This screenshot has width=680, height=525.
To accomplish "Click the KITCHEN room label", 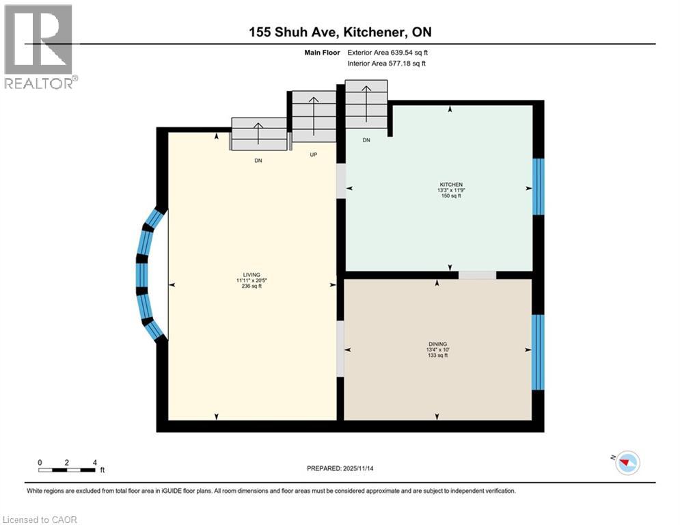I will pos(450,185).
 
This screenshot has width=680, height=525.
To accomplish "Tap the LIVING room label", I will pos(249,275).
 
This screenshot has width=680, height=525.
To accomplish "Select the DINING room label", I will pos(437,344).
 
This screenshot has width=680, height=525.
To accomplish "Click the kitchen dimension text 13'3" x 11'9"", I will pos(450,190).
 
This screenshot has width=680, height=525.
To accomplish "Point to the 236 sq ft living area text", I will pos(249,286).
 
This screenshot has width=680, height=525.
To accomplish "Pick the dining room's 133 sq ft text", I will pos(437,355).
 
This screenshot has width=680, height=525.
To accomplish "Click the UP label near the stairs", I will pos(314,154).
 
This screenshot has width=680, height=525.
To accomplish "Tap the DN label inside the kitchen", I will pos(366,140).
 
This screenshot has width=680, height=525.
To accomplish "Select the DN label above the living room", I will pos(258,161).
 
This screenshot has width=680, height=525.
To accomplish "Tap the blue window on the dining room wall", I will pos(538,352).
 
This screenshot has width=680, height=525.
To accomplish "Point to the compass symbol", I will pos(627,463).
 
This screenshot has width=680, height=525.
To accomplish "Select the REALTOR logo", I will pos(39,47).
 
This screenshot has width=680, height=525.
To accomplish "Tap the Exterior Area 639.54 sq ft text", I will pos(387,52).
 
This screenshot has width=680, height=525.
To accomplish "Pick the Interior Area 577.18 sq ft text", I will pos(387,64).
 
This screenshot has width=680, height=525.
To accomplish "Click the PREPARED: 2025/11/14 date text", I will pos(340,468).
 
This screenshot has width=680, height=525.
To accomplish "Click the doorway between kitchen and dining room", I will pos(477,275).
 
